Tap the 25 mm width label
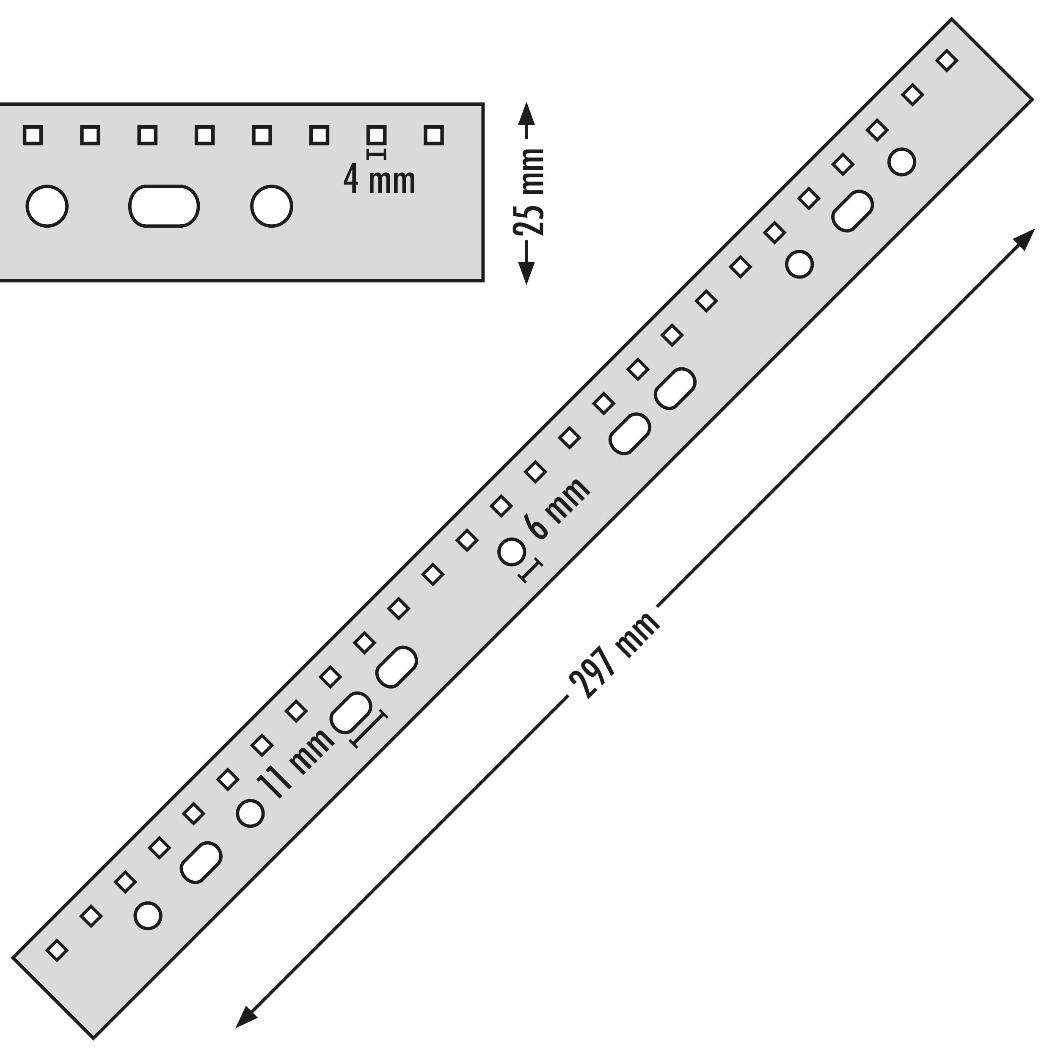pos(530,192)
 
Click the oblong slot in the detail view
pos(164,206)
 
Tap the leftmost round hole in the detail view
pos(47,206)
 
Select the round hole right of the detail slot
pos(272,206)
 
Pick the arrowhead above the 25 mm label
pos(526,113)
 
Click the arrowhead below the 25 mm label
pos(526,273)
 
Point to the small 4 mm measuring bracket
pos(377,154)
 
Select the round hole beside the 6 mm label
pos(512,551)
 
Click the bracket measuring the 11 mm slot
pos(369,730)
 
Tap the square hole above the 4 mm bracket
pos(377,135)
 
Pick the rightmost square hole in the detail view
pos(434,135)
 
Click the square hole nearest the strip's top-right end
pos(947,60)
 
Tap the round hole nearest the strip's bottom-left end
pos(148,916)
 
